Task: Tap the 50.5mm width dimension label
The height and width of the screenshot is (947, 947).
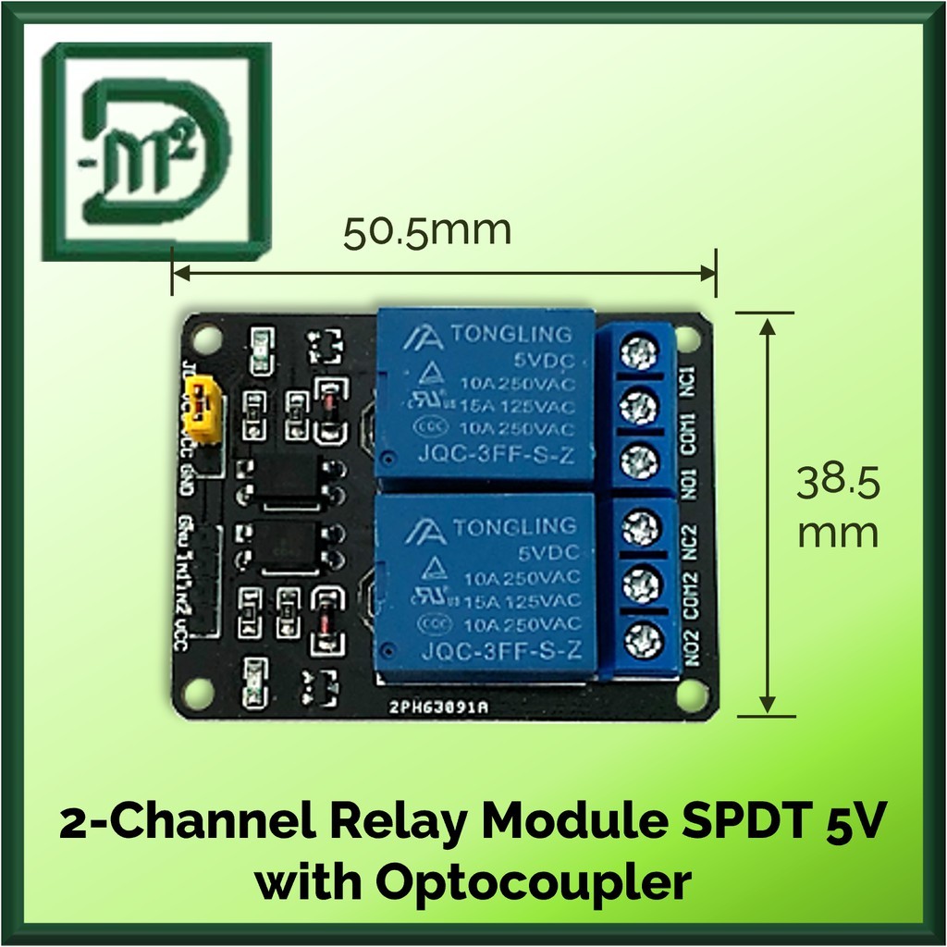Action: [426, 231]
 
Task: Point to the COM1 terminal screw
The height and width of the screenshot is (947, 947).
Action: [636, 405]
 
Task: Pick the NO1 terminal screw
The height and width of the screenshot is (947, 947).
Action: [636, 460]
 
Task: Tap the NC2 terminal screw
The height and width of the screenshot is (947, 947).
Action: [636, 529]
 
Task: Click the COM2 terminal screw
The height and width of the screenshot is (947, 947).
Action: [636, 584]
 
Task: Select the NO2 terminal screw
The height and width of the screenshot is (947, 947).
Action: [636, 637]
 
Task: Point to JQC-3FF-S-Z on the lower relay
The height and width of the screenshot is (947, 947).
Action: [498, 653]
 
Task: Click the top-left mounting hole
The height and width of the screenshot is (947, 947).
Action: [208, 334]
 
